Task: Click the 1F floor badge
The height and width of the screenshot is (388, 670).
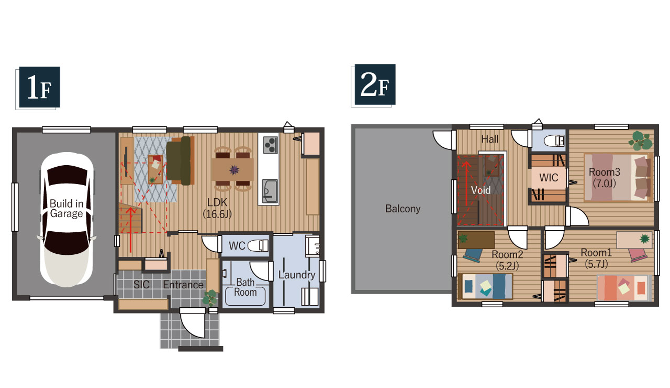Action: (39, 87)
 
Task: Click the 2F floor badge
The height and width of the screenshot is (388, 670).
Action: (375, 84)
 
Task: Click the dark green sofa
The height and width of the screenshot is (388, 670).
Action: (179, 160)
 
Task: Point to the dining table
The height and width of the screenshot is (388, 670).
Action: (232, 169)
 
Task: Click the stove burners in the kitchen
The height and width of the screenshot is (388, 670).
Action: (271, 145)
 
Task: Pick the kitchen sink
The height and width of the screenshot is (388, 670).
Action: (270, 191)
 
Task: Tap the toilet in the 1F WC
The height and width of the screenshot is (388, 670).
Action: (258, 246)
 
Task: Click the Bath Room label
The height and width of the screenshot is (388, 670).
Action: (245, 287)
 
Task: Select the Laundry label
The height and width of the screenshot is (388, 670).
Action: (297, 275)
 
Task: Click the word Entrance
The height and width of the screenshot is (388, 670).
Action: (183, 285)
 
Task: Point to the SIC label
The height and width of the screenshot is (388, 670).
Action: (141, 285)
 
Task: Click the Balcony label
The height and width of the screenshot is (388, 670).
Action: (403, 209)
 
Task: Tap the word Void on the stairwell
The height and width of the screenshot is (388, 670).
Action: (481, 190)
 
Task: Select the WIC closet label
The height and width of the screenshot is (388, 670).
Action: (549, 178)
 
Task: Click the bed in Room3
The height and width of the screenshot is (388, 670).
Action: (617, 177)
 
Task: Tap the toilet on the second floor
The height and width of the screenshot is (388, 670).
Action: (554, 140)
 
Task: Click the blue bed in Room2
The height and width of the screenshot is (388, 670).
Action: (485, 286)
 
